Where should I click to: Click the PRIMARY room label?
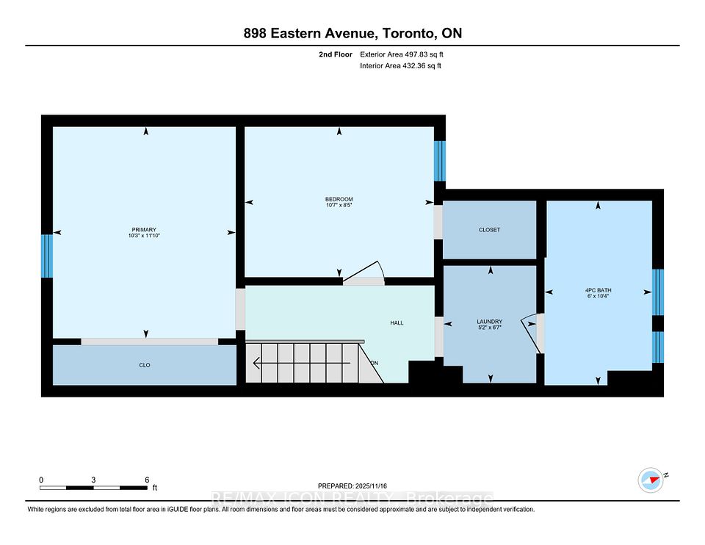click(x=144, y=229)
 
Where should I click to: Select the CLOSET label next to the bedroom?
click(x=489, y=230)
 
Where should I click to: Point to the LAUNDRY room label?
click(x=489, y=322)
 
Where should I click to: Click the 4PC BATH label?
click(x=599, y=290)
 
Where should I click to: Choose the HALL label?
click(x=397, y=322)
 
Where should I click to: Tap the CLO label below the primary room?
click(x=145, y=365)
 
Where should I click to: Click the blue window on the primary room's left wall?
click(x=47, y=256)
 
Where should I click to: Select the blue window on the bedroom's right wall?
click(x=439, y=161)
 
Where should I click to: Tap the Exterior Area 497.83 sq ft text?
click(x=401, y=54)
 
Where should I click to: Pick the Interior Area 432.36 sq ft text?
click(x=400, y=66)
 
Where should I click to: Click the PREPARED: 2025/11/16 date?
click(x=352, y=486)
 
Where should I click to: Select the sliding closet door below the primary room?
click(x=149, y=342)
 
